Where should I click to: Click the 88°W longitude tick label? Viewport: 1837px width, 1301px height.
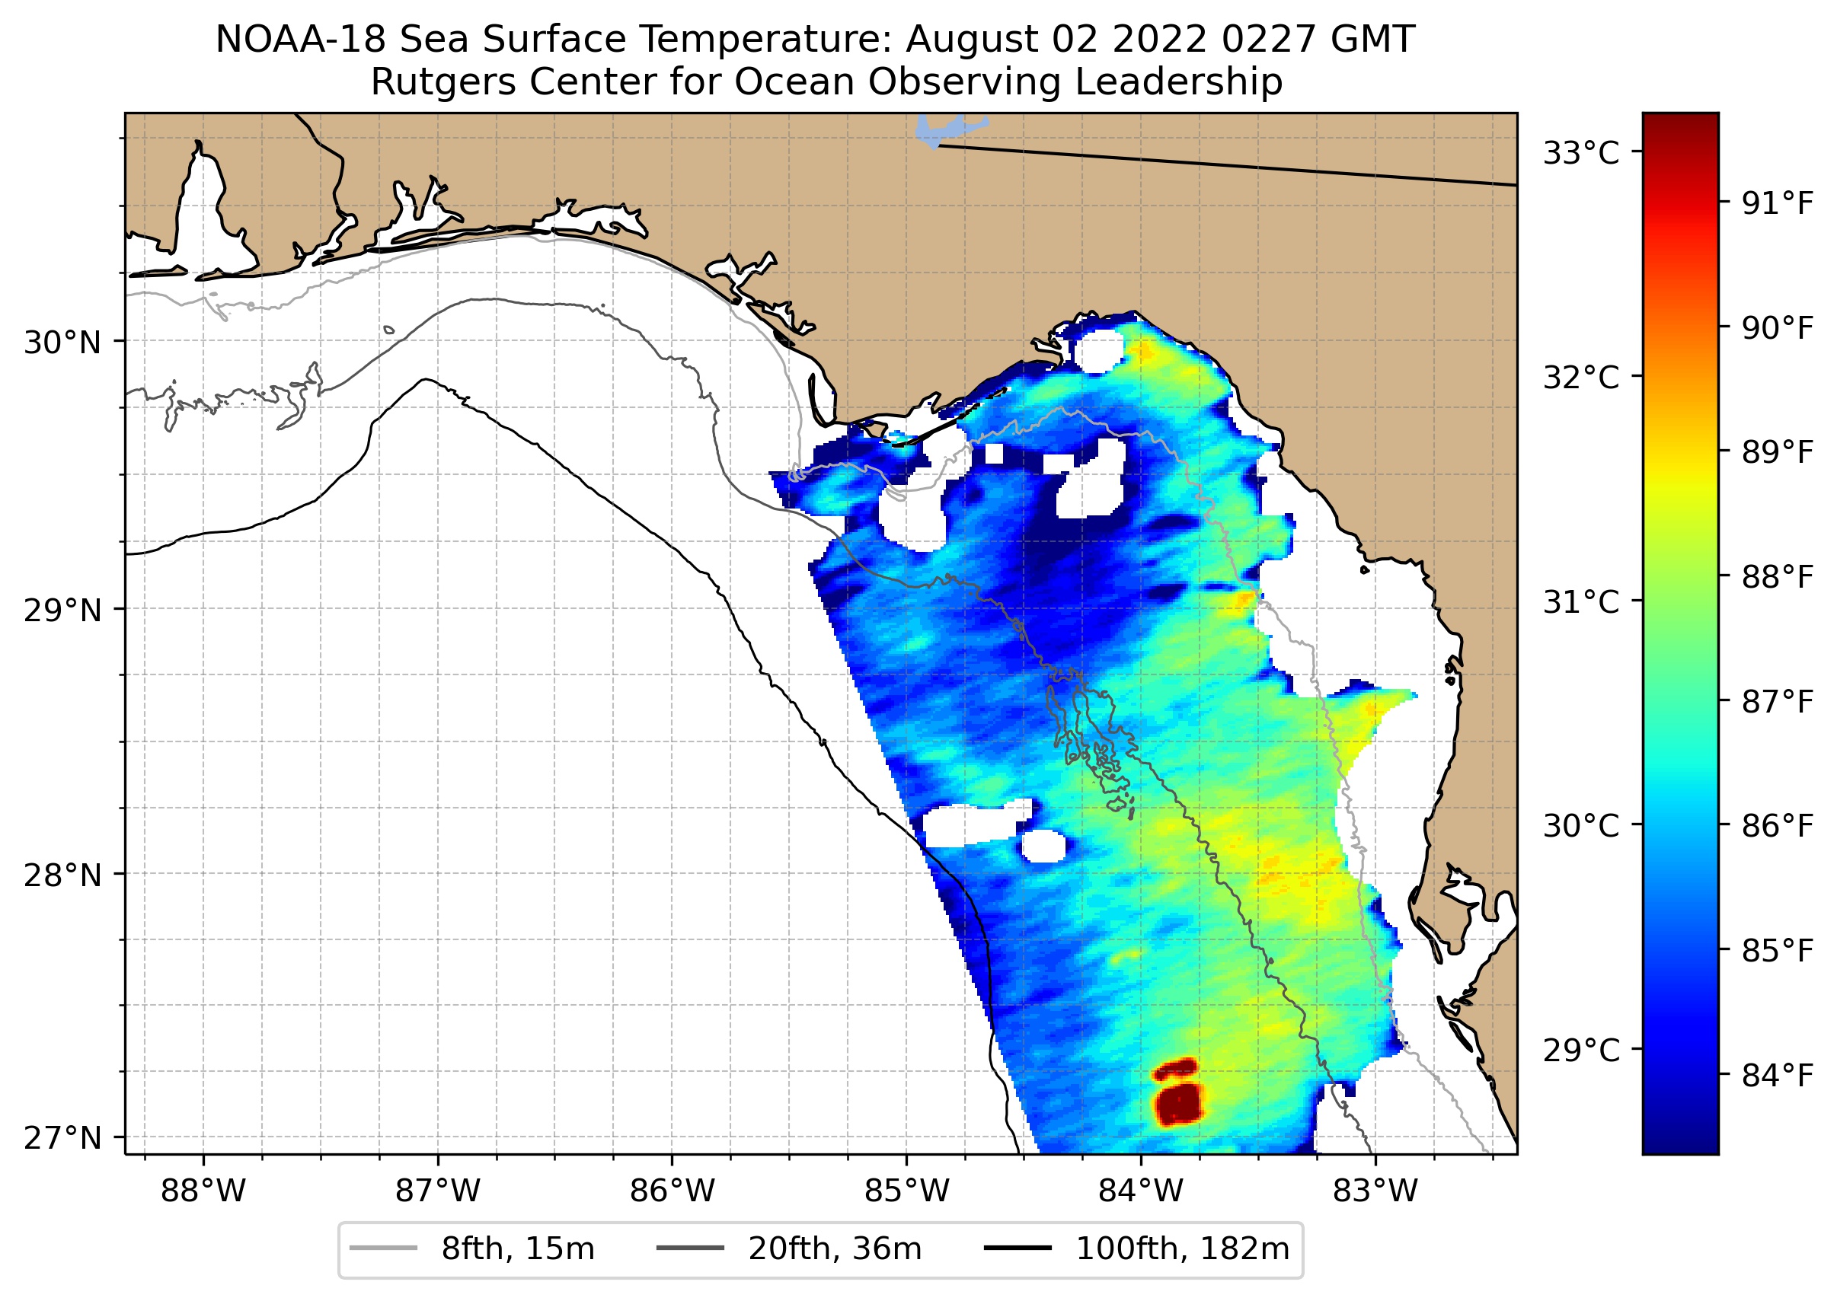203,1192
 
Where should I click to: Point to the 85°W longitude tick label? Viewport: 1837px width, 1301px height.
906,1192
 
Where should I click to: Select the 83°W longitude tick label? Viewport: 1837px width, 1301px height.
1375,1192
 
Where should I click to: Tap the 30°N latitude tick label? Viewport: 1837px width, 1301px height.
62,343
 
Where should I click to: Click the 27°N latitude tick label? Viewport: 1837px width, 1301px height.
62,1137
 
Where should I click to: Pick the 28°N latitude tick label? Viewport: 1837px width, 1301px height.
62,875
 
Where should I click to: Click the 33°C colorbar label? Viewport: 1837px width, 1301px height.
1580,152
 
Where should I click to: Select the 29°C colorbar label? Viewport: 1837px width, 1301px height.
1580,1049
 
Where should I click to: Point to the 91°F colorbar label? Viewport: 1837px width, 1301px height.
1777,203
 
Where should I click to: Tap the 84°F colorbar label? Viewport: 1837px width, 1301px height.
1777,1076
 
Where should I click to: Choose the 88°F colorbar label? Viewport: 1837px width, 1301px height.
1777,577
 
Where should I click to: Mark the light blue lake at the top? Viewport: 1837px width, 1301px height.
946,129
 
